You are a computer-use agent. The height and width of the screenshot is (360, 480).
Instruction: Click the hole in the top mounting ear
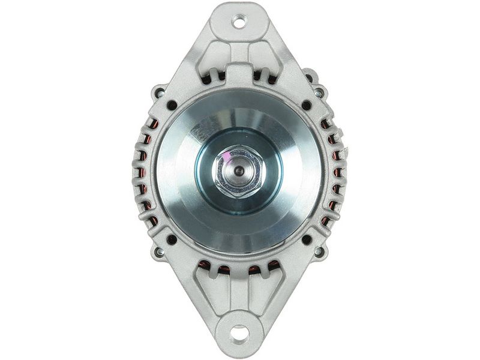239,22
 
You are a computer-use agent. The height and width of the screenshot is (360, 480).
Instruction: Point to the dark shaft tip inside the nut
240,171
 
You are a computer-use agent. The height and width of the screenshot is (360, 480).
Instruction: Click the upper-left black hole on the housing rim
172,105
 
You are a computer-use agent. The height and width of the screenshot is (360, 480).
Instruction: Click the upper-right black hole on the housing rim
307,105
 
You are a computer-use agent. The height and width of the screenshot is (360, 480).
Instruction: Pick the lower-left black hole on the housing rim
172,239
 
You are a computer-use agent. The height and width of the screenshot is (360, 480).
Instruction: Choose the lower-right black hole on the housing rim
307,239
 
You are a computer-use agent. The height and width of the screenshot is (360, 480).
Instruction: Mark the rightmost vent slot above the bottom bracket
273,266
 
